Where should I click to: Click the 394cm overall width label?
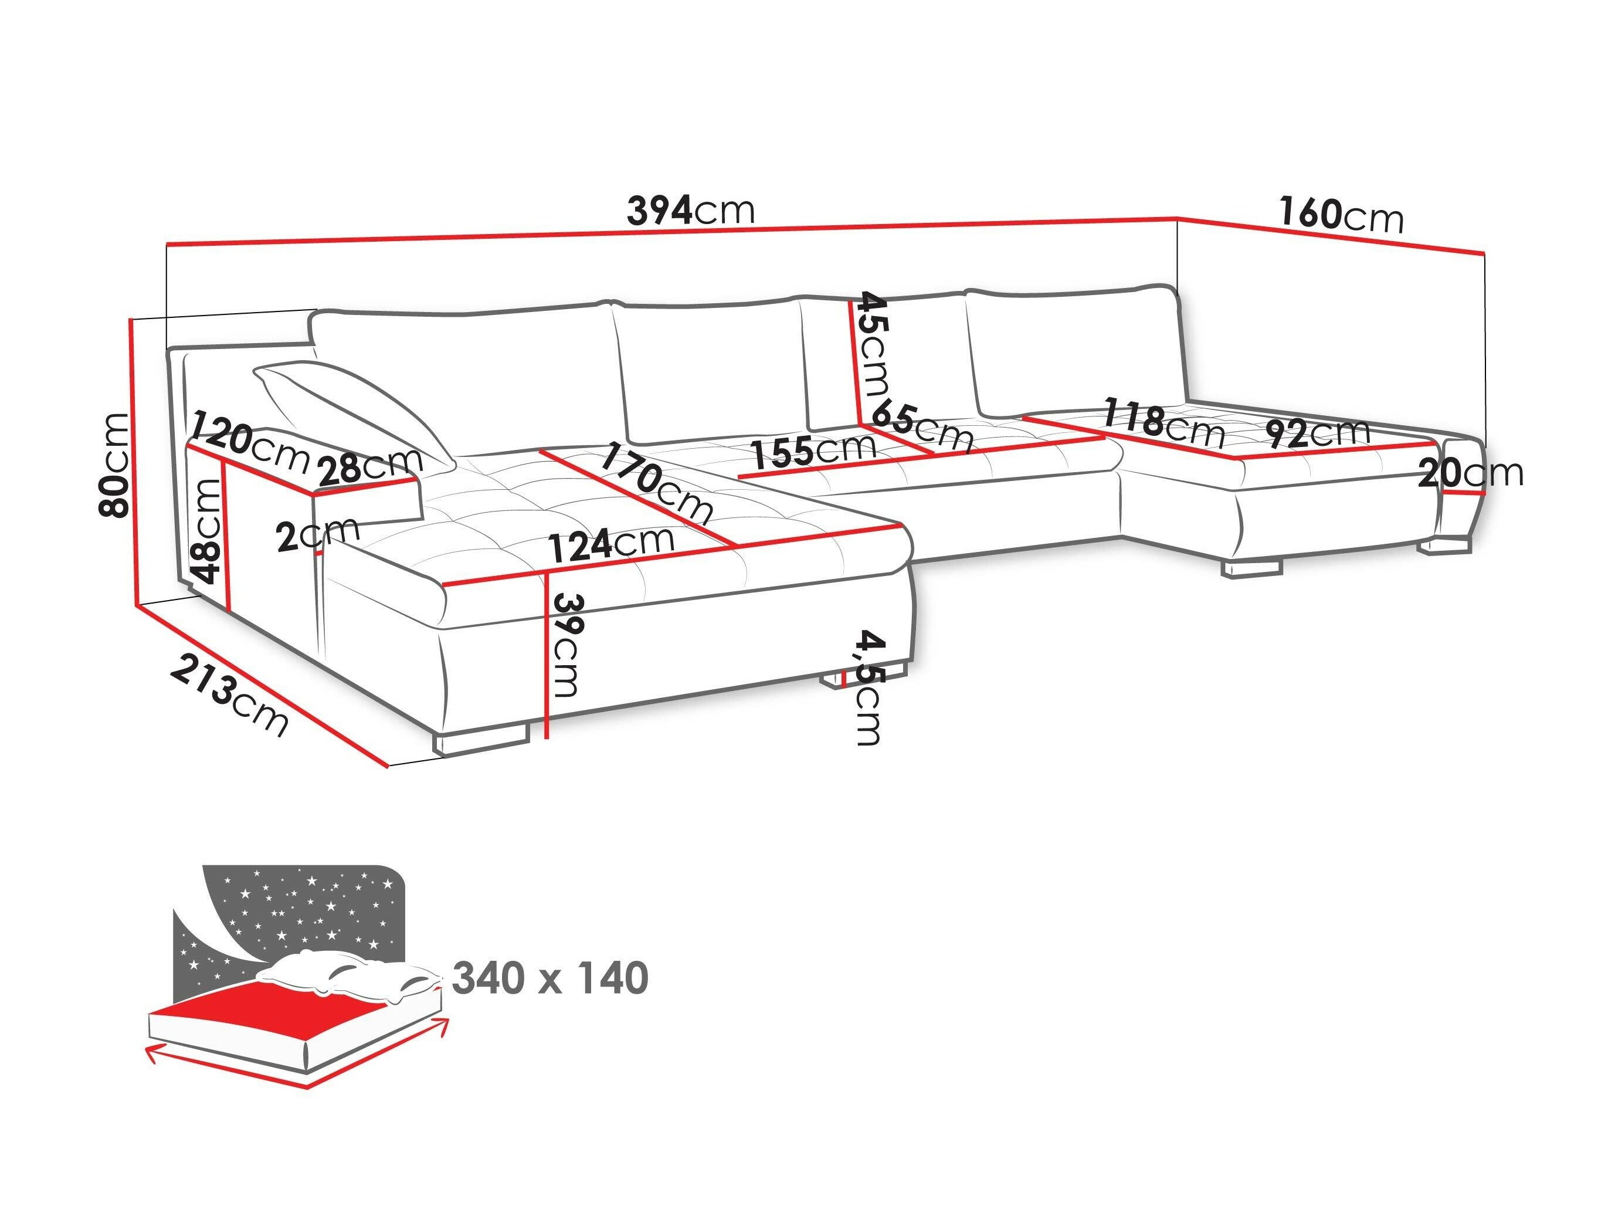[x=691, y=211]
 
